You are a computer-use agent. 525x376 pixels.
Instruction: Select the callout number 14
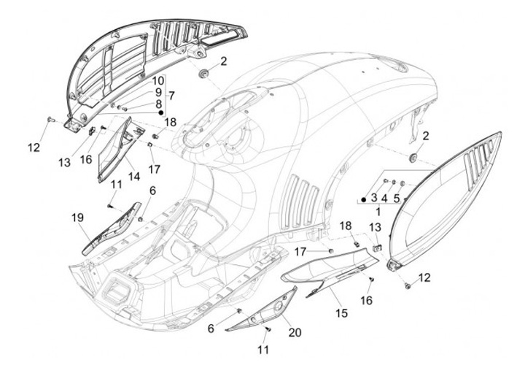tap(133, 175)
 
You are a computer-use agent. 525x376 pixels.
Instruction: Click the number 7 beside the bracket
tap(171, 96)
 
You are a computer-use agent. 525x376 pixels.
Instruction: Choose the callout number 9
tap(157, 92)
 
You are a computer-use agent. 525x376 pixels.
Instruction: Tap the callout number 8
tap(157, 104)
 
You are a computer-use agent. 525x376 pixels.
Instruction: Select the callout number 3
tap(373, 197)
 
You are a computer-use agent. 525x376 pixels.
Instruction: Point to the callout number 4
tap(384, 197)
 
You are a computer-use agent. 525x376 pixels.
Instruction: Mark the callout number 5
tap(396, 197)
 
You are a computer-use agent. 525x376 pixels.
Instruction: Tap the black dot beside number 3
tap(364, 198)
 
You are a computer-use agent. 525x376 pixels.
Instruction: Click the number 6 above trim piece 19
tap(153, 191)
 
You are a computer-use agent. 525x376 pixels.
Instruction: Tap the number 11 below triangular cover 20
tap(264, 350)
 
